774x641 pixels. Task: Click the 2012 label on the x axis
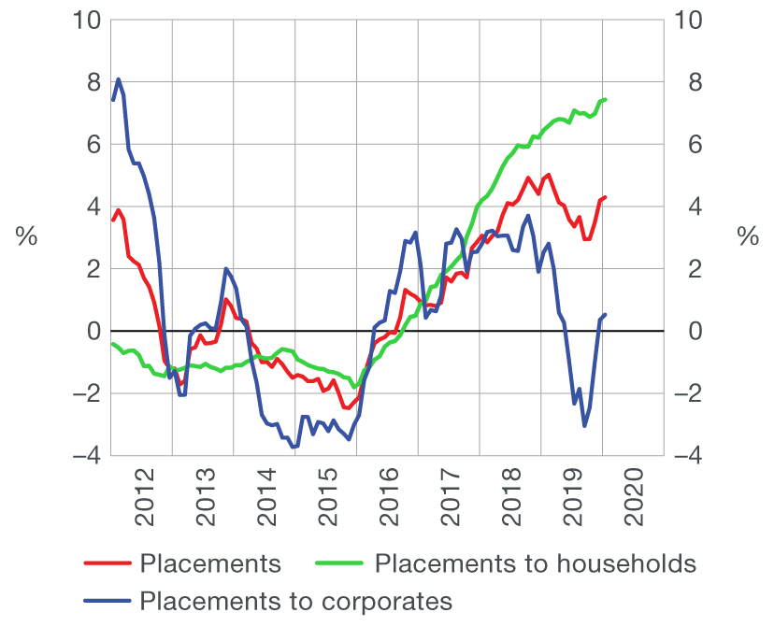point(146,505)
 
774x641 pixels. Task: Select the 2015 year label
point(329,505)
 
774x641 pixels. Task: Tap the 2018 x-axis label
point(512,505)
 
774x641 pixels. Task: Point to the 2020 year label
point(635,505)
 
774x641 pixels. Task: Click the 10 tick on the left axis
point(85,20)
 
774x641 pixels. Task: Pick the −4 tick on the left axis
point(85,456)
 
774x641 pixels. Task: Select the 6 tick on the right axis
point(684,145)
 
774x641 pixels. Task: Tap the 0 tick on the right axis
point(684,332)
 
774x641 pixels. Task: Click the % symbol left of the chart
point(26,237)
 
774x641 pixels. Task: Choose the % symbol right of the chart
point(748,237)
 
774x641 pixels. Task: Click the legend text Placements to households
point(536,563)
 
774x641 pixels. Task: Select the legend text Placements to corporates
point(296,600)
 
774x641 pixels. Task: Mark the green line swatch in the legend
point(341,564)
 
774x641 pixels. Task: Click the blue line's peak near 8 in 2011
point(119,79)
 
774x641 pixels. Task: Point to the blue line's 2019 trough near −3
point(584,426)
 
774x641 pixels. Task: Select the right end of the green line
point(606,99)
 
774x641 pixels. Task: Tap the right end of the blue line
point(606,315)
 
